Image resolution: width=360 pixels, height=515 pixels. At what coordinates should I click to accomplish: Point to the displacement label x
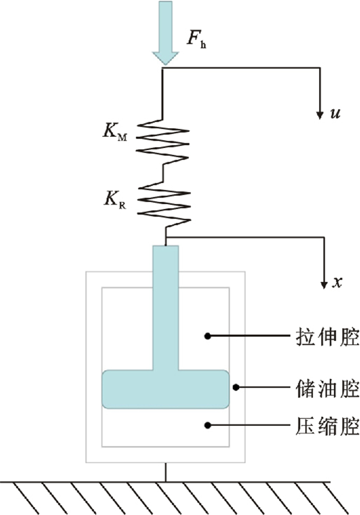pos(337,282)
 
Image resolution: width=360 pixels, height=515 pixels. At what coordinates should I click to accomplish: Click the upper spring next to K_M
pos(163,140)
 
